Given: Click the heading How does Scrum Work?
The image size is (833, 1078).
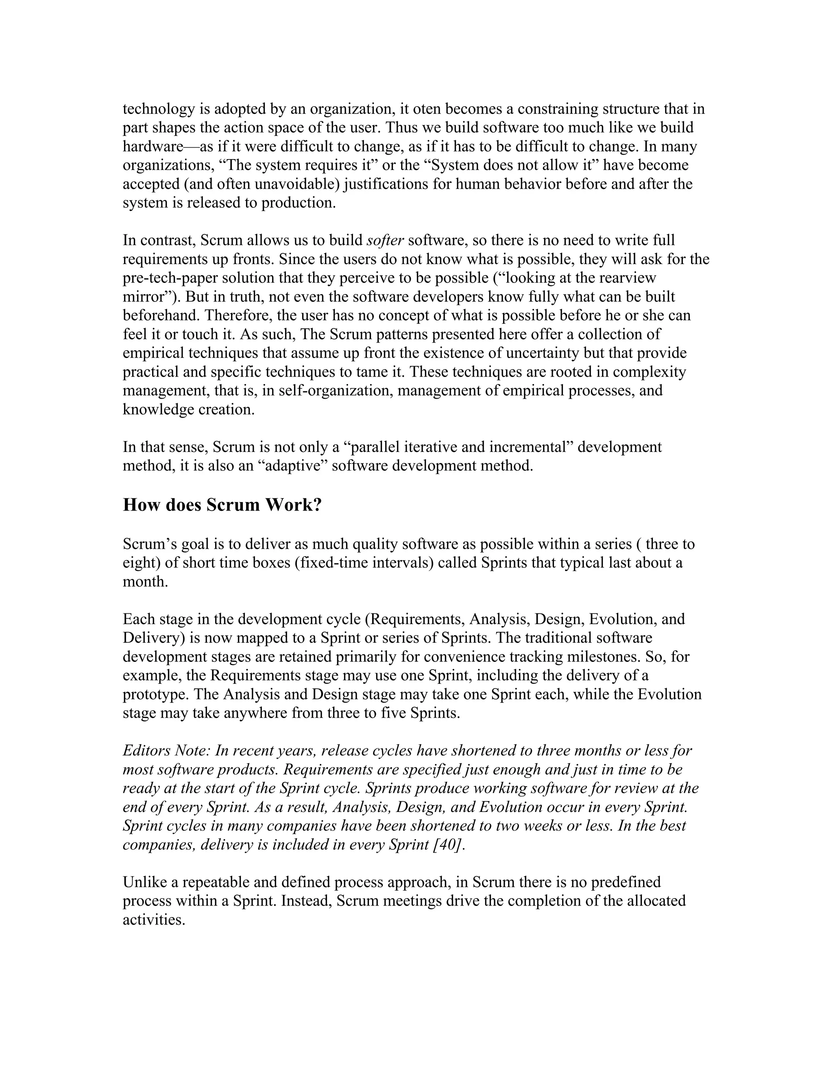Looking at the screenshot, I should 222,505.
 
